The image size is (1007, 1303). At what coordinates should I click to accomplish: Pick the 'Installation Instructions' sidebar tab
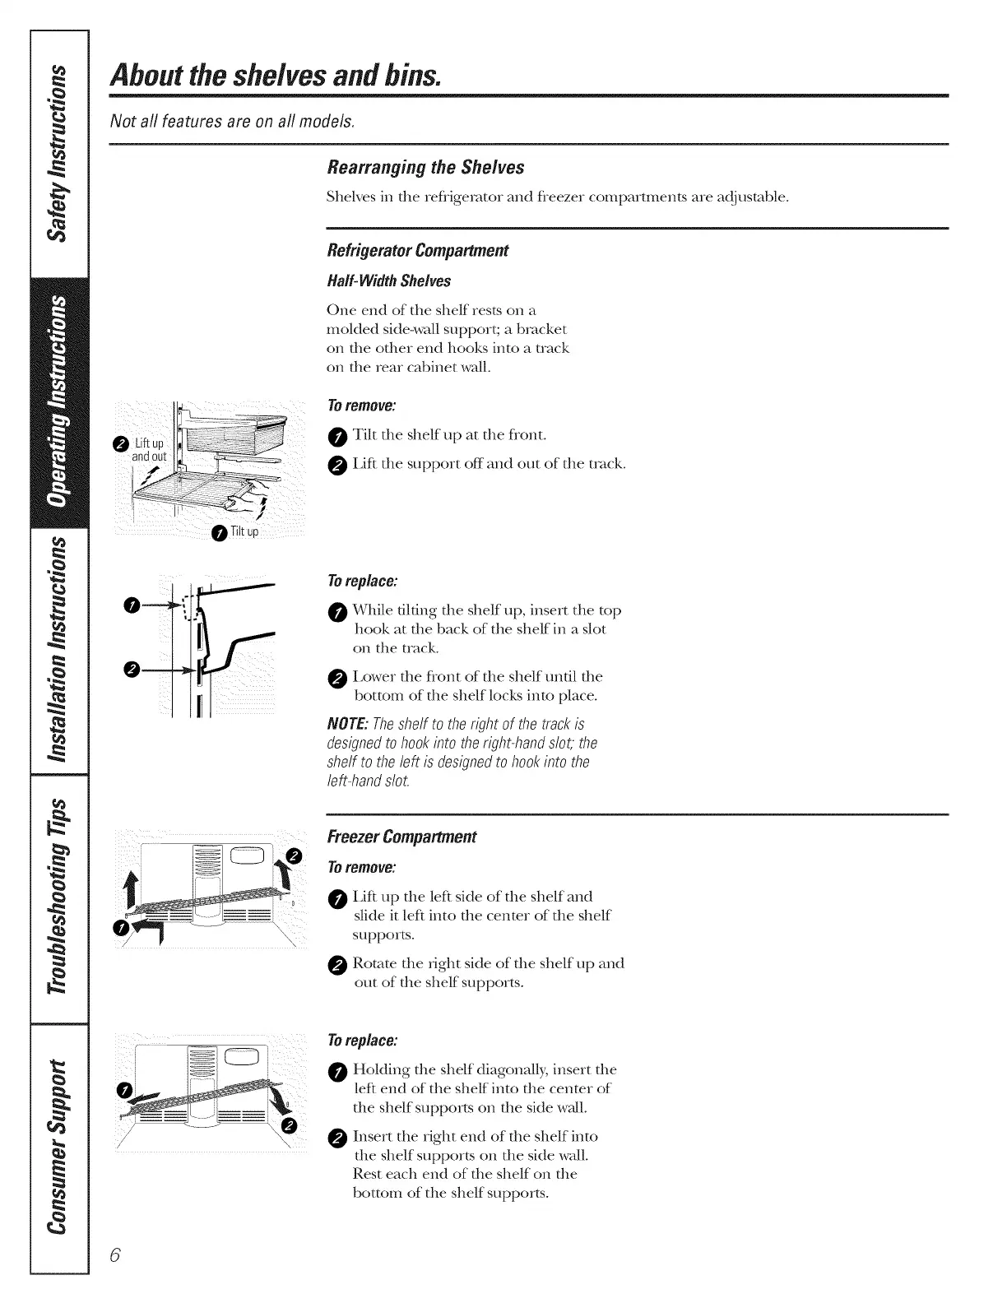click(57, 649)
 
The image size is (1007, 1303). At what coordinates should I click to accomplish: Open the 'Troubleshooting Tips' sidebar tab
click(57, 897)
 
